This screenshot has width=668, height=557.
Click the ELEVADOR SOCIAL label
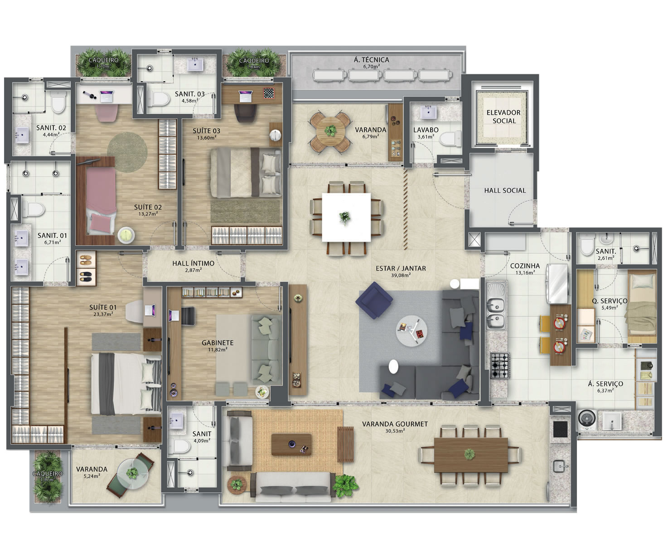503,117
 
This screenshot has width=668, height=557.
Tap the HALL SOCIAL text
505,191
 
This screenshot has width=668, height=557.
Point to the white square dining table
346,217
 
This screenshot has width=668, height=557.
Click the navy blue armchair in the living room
374,300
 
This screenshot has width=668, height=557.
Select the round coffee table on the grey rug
411,330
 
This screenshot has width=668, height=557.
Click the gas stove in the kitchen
500,365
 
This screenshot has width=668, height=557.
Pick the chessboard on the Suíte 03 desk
269,93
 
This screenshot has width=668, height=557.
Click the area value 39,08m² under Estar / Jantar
401,275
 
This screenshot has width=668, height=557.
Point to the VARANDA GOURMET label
395,424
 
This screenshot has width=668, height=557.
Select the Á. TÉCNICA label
372,60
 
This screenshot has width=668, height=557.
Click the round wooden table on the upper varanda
330,131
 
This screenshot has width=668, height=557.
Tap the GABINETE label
218,343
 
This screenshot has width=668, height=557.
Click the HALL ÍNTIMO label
193,263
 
